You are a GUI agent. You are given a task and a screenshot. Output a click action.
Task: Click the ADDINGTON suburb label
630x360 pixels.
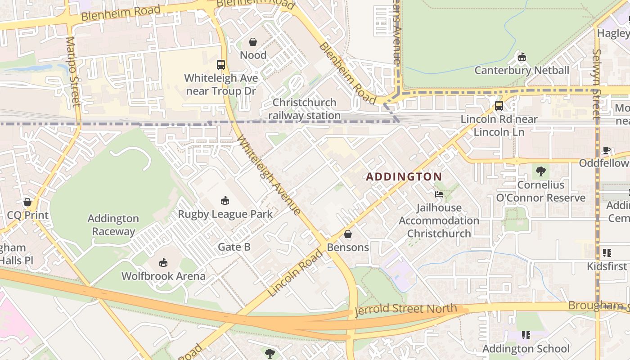coord(404,177)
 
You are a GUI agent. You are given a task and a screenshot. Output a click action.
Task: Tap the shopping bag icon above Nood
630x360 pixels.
coord(253,42)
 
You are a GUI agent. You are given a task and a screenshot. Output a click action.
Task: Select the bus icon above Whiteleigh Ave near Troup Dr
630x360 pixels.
coord(220,65)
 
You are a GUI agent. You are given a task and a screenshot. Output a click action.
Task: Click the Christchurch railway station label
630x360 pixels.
coord(305,109)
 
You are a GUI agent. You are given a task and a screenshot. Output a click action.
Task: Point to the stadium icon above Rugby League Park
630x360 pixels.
coord(225,200)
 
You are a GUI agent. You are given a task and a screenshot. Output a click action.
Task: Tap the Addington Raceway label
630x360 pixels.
coord(113,225)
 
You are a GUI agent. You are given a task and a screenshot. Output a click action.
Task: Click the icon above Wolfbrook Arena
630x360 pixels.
coord(163,262)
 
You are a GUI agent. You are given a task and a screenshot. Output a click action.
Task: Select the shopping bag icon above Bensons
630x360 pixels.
coord(347,234)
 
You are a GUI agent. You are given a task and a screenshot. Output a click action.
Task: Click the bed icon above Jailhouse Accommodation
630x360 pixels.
coord(439,194)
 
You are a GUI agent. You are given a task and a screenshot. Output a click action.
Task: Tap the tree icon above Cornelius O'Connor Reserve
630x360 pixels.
coord(540,171)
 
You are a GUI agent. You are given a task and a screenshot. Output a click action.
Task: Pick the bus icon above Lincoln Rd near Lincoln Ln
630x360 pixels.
coord(499,106)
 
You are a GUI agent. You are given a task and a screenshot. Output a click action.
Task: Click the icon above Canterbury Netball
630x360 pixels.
coord(522,57)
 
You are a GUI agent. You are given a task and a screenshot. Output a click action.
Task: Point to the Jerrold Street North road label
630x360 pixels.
coord(406,310)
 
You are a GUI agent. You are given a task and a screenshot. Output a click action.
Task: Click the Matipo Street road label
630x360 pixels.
coord(72,72)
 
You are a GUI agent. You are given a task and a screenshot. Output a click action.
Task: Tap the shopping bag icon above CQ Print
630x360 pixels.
coord(27,202)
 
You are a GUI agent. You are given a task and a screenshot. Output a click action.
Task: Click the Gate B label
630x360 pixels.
coord(234,247)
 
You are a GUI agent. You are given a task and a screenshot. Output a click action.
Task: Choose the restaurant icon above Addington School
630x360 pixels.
coord(525,335)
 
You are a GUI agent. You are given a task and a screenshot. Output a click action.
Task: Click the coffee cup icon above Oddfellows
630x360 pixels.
coord(606,150)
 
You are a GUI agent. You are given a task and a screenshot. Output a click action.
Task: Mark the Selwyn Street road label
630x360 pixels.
coord(597,84)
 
